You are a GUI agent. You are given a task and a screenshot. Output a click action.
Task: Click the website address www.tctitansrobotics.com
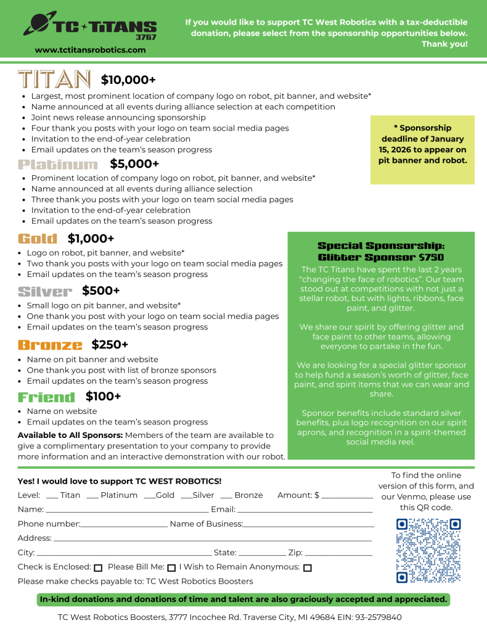coord(90,50)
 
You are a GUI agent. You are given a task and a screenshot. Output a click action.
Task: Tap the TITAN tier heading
coord(55,80)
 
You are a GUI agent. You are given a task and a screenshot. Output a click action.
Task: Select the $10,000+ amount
coord(128,80)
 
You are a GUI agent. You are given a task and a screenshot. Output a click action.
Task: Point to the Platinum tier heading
coord(58,164)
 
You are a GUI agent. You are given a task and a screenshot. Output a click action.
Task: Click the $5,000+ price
coord(134,163)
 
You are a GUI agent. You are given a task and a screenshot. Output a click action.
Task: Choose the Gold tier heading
coord(38,239)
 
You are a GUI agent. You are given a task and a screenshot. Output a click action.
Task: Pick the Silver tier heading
coord(45,291)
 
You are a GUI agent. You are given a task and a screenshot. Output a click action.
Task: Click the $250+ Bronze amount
coord(110,344)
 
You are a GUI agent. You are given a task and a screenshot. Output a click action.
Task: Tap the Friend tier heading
coord(46,397)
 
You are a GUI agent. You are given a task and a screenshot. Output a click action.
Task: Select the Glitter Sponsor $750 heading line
coord(380,257)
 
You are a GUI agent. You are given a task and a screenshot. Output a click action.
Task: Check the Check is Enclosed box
coord(98,567)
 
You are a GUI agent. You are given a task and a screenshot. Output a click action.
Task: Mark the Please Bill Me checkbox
coord(171,567)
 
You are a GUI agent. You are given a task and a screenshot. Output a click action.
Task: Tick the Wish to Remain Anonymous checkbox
coord(308,567)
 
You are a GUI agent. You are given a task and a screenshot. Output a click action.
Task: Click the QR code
coord(428,550)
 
